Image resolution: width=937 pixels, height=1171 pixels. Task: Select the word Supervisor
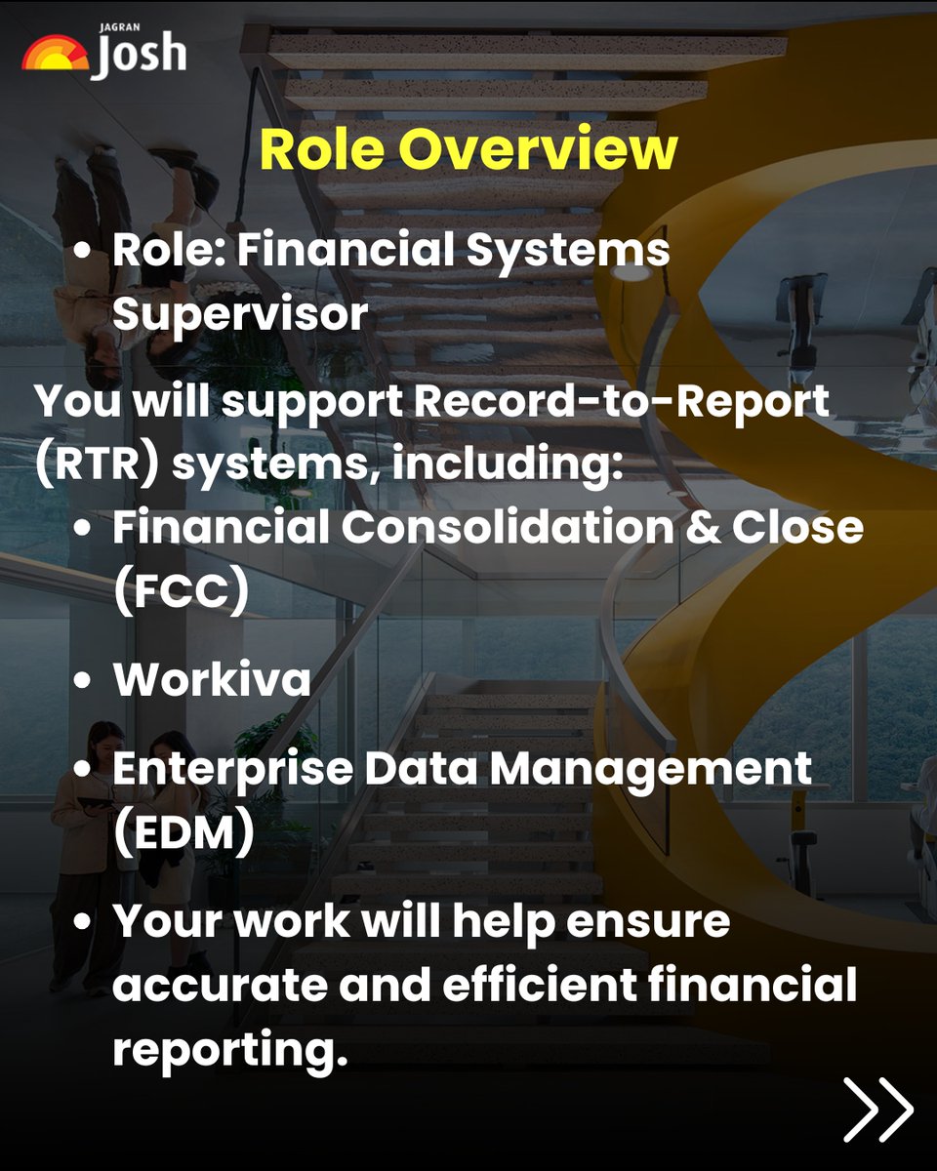pyautogui.click(x=240, y=314)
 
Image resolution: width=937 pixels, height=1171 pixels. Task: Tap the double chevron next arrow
pyautogui.click(x=878, y=1109)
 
